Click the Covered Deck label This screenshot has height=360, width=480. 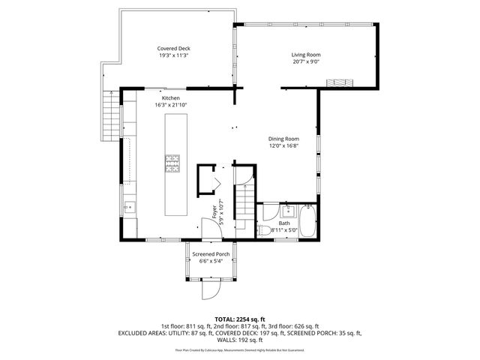click(173, 49)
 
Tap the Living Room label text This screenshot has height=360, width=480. click(307, 55)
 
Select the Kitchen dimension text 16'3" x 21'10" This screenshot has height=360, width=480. click(171, 105)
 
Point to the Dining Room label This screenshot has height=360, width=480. click(284, 139)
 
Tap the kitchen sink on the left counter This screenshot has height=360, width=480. click(128, 208)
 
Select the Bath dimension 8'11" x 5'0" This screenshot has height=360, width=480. click(284, 230)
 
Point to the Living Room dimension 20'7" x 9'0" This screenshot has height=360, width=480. click(307, 62)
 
